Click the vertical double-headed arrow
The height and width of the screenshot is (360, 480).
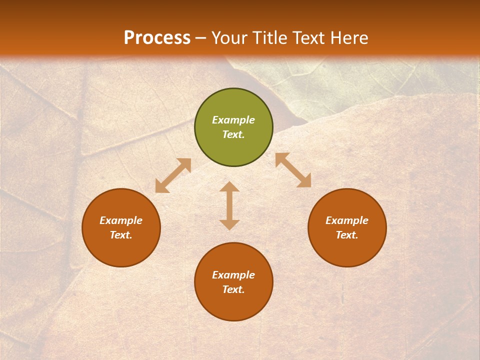tap(229, 205)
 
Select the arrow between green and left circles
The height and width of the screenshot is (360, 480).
tap(173, 175)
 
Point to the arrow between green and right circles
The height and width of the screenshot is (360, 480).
tap(293, 170)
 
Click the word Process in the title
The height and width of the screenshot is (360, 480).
tap(157, 38)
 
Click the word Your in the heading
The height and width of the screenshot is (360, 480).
tap(229, 38)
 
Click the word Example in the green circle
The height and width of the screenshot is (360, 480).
tap(233, 120)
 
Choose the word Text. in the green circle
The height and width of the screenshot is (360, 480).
tap(233, 134)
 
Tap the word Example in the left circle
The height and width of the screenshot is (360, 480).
tap(121, 220)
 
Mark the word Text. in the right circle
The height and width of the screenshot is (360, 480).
tap(347, 235)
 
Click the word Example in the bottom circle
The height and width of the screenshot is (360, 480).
tap(233, 275)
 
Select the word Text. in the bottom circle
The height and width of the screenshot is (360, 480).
tap(233, 289)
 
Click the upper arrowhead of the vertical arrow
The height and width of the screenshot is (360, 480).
tap(229, 187)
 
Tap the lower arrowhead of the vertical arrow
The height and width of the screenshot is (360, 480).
tap(229, 224)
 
